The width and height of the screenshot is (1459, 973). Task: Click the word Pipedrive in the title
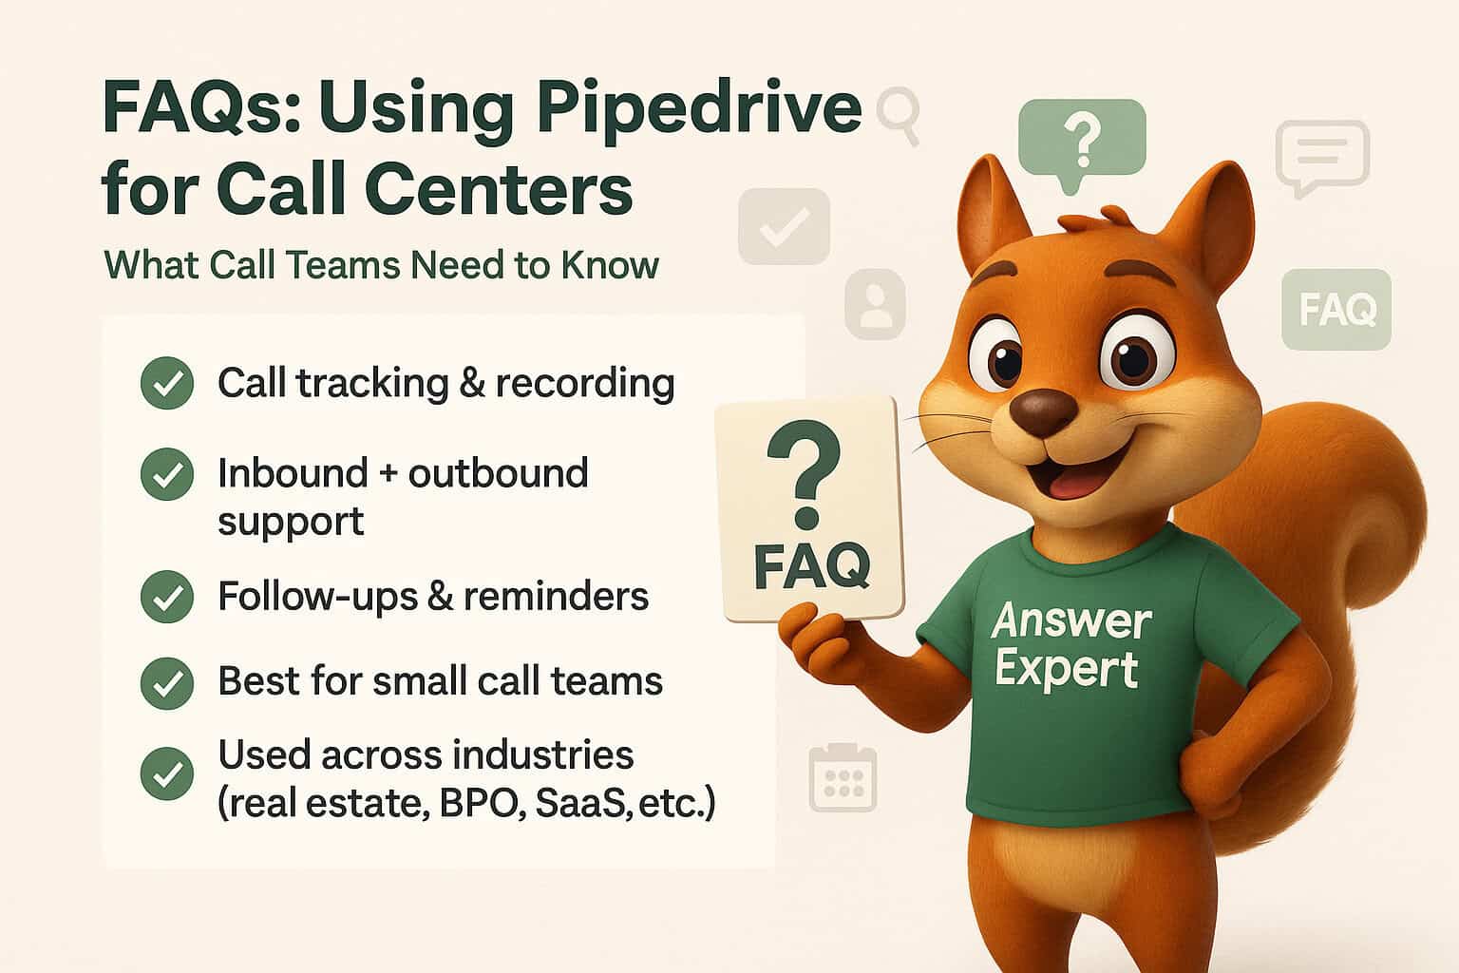pyautogui.click(x=698, y=110)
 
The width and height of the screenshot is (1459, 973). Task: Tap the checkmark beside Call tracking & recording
pyautogui.click(x=167, y=383)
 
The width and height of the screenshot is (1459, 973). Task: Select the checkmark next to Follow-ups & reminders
pyautogui.click(x=167, y=597)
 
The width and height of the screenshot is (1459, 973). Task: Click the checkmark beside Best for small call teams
pyautogui.click(x=167, y=682)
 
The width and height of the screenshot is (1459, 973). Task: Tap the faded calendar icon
pyautogui.click(x=843, y=777)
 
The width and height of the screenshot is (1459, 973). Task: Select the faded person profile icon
pyautogui.click(x=875, y=304)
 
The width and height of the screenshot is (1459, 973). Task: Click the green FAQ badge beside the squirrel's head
pyautogui.click(x=1336, y=310)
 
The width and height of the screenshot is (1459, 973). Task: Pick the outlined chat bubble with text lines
pyautogui.click(x=1322, y=156)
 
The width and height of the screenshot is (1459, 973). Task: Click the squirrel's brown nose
pyautogui.click(x=1043, y=410)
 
